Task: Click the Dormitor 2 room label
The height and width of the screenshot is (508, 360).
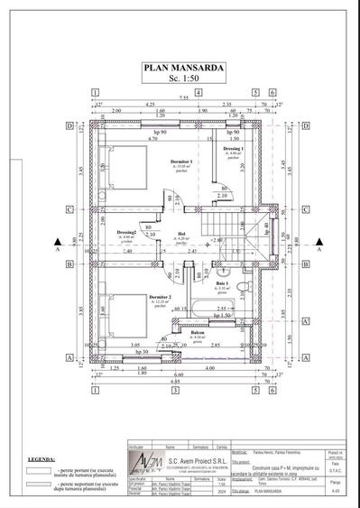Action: point(161,297)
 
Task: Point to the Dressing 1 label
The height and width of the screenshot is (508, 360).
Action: point(233,149)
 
